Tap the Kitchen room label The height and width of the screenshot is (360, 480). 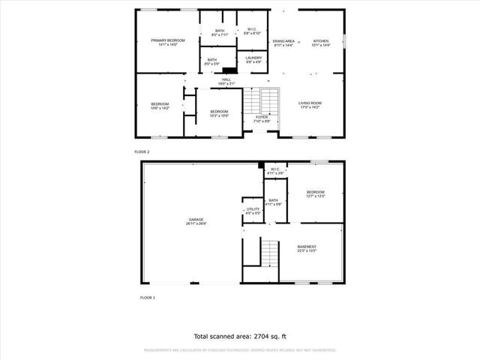coord(320,42)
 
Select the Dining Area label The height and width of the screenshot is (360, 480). coord(283,42)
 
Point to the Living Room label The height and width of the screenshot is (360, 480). coord(310,105)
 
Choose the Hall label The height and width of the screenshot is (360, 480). coord(226,79)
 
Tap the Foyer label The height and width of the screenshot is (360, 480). coord(261,118)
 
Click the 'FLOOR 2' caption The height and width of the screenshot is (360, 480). coord(142,151)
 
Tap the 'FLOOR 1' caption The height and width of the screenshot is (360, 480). coord(148,298)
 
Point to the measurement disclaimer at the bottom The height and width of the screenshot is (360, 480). coord(240,349)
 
